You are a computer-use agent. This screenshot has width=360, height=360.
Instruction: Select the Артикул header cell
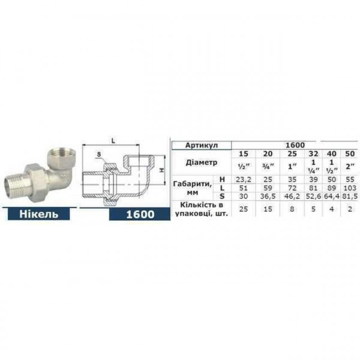coord(201,145)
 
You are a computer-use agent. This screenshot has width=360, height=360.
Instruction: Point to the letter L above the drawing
coord(113,140)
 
